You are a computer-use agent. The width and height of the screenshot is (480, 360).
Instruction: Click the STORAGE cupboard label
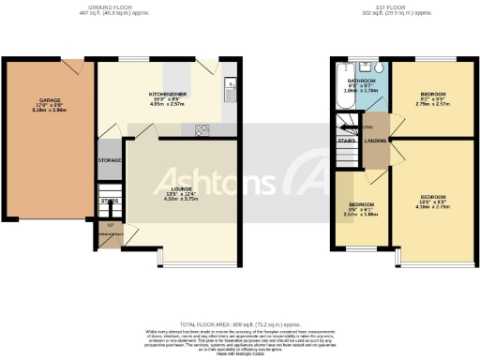(x=110, y=160)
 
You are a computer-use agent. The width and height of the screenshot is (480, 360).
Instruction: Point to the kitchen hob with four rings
(x=202, y=130)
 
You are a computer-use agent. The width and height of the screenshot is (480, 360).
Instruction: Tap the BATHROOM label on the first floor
(x=361, y=82)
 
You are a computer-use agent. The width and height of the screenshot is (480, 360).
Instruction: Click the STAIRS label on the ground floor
(x=110, y=200)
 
